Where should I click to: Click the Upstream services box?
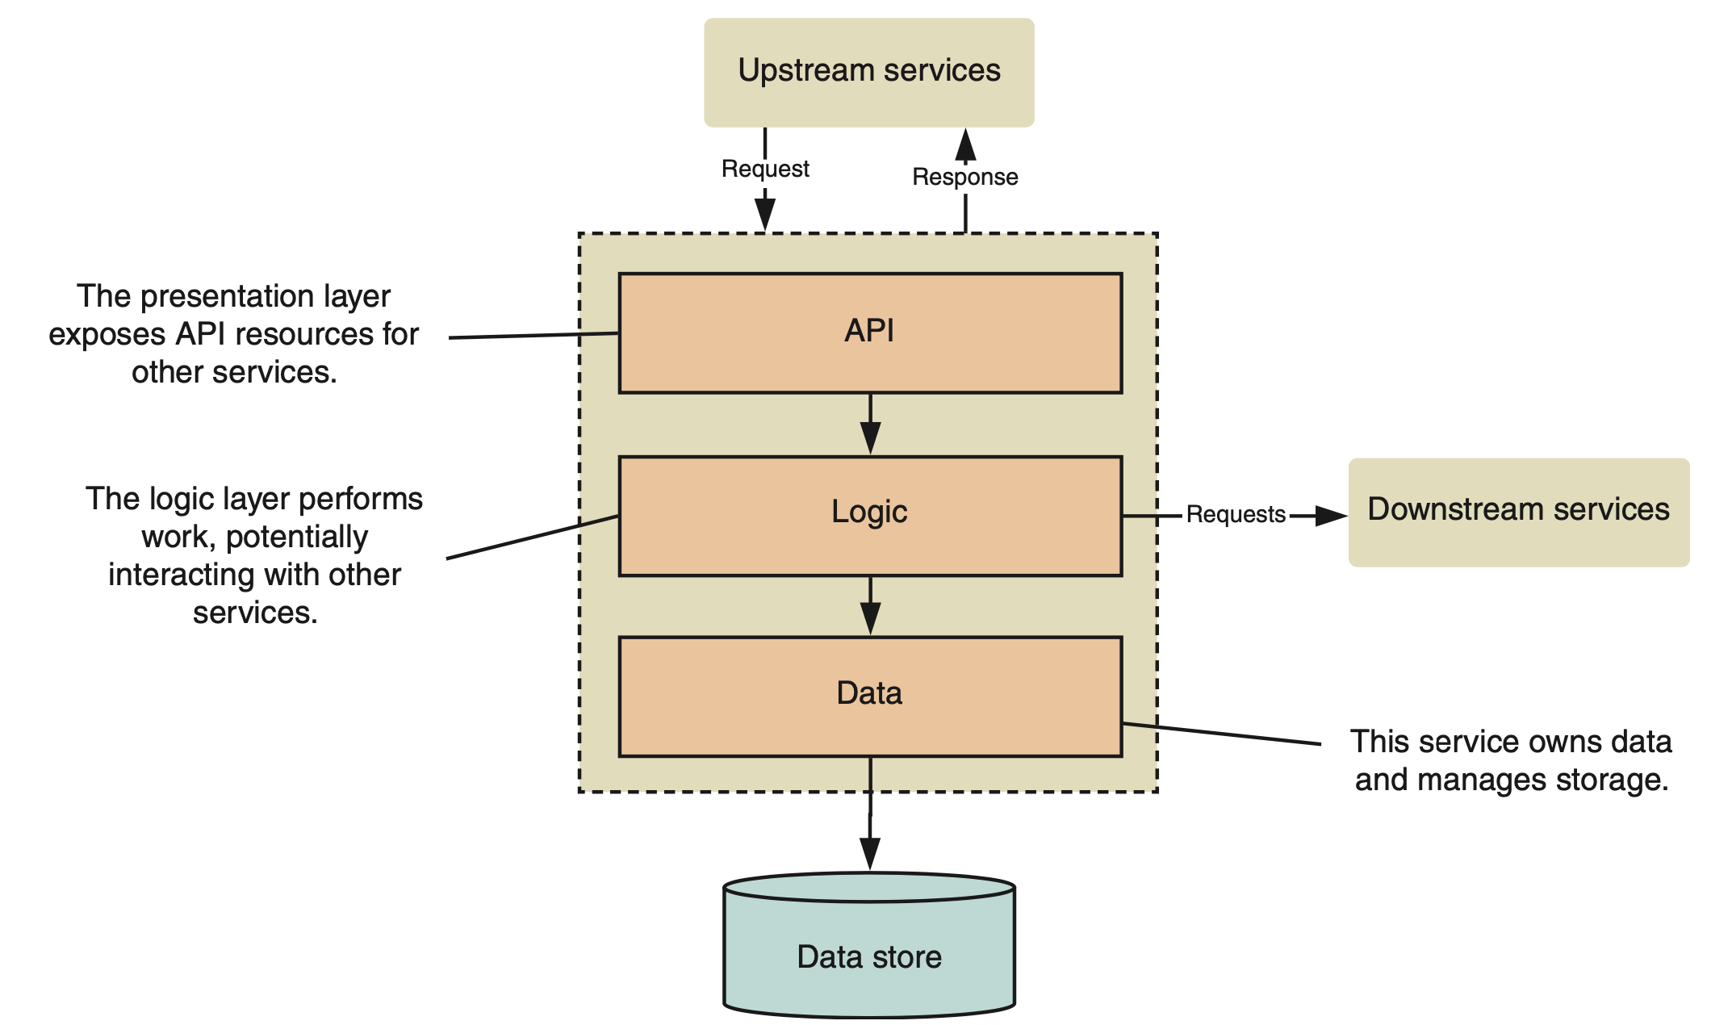coord(868,72)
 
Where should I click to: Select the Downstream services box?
coord(1518,512)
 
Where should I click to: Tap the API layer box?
coord(870,333)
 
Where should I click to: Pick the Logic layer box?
coord(870,515)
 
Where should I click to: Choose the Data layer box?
coord(870,696)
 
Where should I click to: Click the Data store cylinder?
coord(869,952)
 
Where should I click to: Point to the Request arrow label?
coord(765,169)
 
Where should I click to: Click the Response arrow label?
coord(964,177)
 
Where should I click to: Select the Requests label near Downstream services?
coord(1235,514)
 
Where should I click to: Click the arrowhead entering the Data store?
coord(869,853)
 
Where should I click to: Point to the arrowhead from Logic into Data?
coord(870,620)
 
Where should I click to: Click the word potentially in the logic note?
coord(296,538)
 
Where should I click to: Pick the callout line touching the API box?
coord(533,335)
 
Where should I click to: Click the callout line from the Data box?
coord(1220,734)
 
